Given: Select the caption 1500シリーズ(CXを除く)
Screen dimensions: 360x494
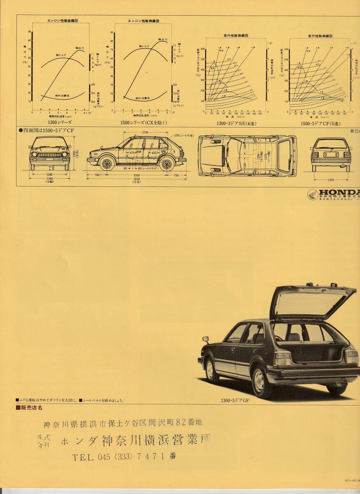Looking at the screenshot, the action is click(x=143, y=123).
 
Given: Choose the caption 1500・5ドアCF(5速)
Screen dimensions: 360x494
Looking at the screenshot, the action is click(x=320, y=123).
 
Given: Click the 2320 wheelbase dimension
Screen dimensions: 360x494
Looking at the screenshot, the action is click(x=136, y=175).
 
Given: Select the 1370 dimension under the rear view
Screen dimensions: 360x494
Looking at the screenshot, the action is click(x=330, y=180).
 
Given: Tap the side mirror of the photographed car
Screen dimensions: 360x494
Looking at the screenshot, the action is click(x=206, y=340).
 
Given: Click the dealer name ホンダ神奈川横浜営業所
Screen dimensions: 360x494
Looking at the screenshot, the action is click(x=136, y=441).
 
